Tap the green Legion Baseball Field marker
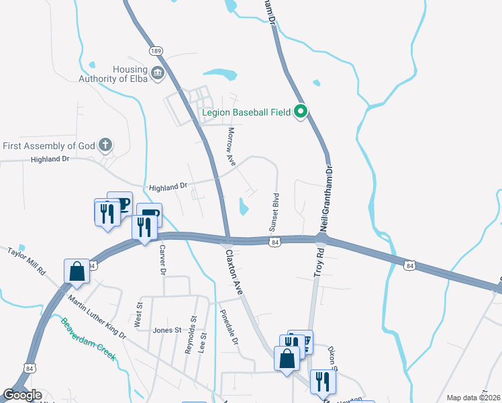click(x=301, y=112)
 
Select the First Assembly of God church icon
click(x=105, y=145)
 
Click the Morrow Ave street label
click(x=232, y=147)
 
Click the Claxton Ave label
click(x=234, y=270)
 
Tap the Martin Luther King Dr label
click(x=97, y=310)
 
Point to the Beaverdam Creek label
click(x=88, y=339)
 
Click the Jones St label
click(x=167, y=330)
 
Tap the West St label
click(x=140, y=314)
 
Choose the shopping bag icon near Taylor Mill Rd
click(x=77, y=272)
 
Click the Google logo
click(x=22, y=395)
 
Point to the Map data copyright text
click(x=474, y=398)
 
